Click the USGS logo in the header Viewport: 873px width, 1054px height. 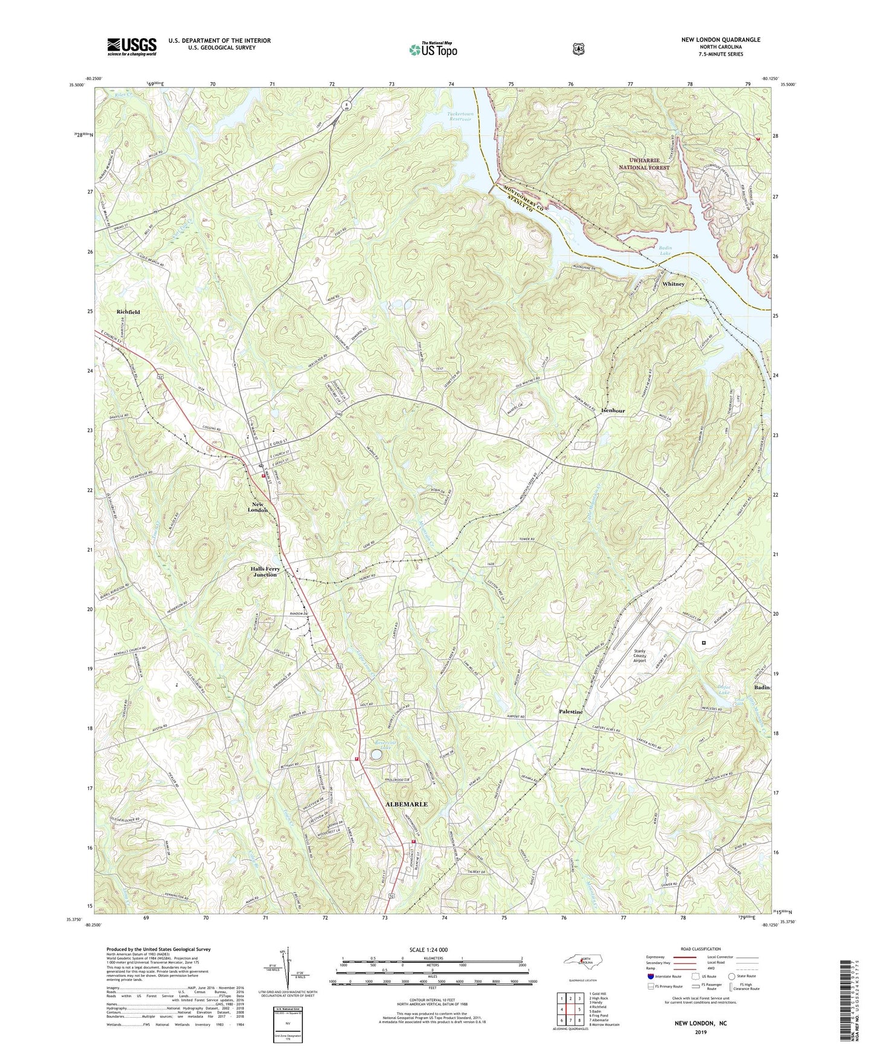(x=132, y=46)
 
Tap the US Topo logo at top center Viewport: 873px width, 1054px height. (x=432, y=50)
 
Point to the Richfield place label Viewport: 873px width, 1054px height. (x=128, y=312)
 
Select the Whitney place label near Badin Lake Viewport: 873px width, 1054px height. (x=673, y=284)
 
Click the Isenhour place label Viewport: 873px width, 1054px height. (x=613, y=410)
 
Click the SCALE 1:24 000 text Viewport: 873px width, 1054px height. (x=431, y=950)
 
